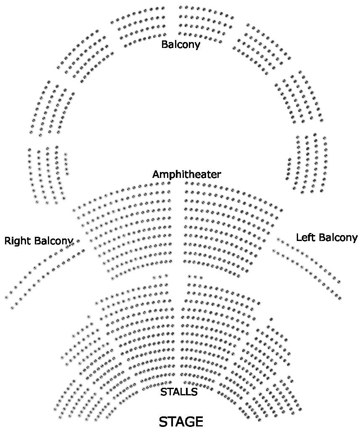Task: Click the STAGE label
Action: pos(181,421)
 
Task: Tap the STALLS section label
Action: pos(179,392)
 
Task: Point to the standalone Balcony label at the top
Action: pos(180,44)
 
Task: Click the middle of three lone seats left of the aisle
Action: pos(160,277)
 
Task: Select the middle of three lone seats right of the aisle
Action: pos(195,277)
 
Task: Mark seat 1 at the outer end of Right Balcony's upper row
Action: pos(6,298)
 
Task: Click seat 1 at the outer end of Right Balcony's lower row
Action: pos(12,308)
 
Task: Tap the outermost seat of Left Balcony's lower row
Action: pos(340,298)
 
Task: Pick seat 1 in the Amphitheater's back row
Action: pos(74,209)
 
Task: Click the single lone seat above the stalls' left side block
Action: pos(89,316)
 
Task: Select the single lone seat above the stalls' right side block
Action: pos(271,319)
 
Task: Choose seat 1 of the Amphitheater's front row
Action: pos(112,278)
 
